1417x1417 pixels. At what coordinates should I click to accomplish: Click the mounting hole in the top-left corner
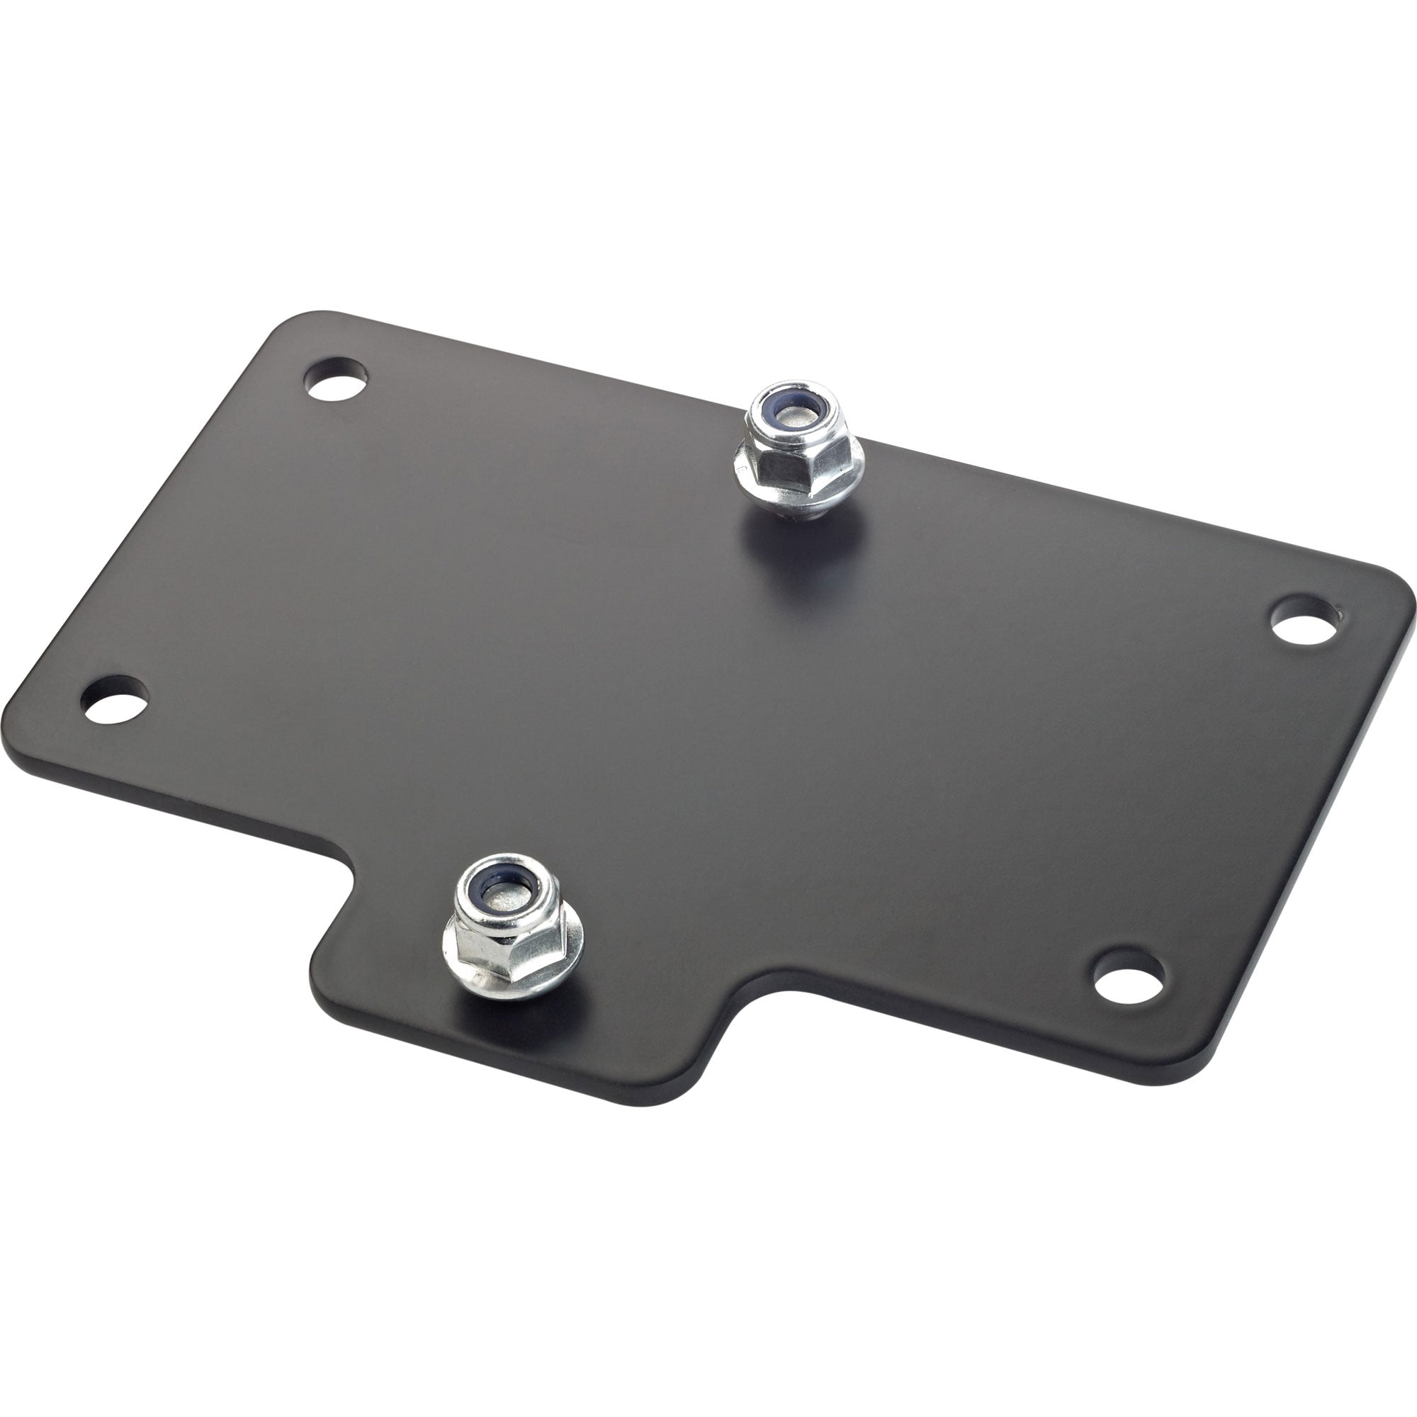(337, 380)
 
